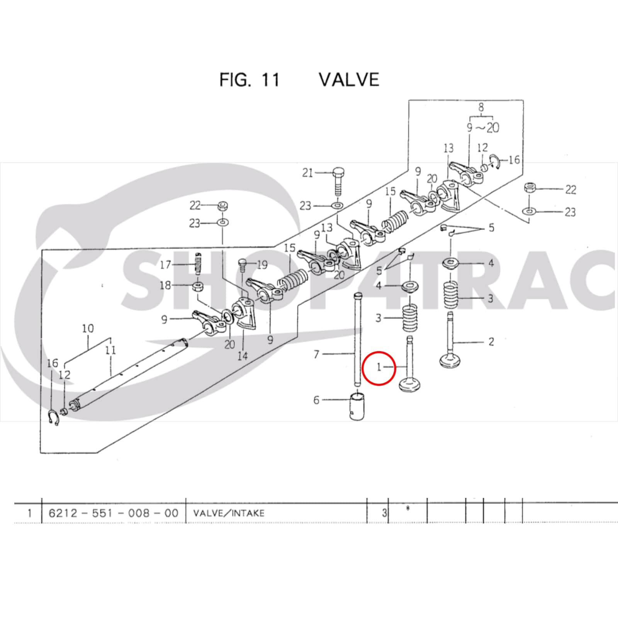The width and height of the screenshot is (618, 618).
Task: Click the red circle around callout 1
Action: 379,368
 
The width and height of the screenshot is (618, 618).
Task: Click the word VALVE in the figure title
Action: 349,80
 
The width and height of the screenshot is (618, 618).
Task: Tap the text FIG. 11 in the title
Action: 249,80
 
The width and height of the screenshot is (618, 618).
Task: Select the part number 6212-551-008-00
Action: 114,513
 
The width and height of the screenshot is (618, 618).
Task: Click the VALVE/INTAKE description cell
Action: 229,513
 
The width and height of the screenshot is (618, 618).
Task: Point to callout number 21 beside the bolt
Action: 307,173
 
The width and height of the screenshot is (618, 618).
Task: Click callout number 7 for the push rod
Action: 316,354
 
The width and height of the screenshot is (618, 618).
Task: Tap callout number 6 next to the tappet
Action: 316,400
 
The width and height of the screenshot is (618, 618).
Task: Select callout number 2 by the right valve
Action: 491,342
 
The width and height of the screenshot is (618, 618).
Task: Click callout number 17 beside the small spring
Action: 165,265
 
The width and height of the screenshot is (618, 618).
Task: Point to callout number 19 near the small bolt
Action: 262,265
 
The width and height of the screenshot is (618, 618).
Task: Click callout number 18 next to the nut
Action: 165,285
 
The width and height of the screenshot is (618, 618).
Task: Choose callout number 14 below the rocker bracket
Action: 242,355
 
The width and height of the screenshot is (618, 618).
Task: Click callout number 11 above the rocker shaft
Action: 111,350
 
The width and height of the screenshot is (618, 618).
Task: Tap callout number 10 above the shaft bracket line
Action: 88,329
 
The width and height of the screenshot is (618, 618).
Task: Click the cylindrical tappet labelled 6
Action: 357,406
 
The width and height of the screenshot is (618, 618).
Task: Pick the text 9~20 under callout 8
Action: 483,127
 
